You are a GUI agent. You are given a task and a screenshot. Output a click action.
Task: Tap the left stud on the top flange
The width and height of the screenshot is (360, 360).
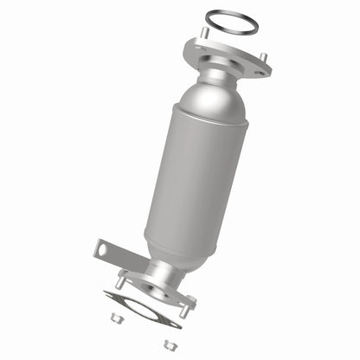[x=205, y=33]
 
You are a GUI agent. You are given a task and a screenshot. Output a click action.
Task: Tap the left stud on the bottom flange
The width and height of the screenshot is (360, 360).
[x=119, y=282]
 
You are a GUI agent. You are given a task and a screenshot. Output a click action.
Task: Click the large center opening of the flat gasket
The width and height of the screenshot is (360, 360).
[x=142, y=307]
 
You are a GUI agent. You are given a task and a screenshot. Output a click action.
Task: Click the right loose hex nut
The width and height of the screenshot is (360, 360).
[x=168, y=344]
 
